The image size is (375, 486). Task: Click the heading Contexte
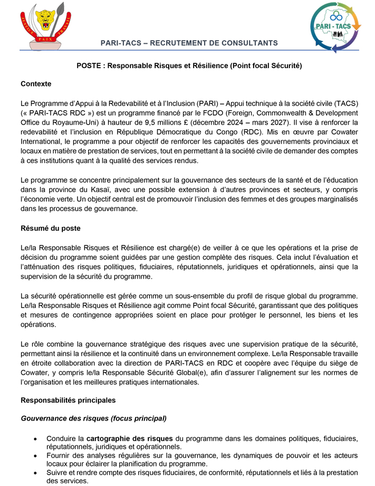36,84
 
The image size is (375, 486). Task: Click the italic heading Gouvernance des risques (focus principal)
93,419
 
